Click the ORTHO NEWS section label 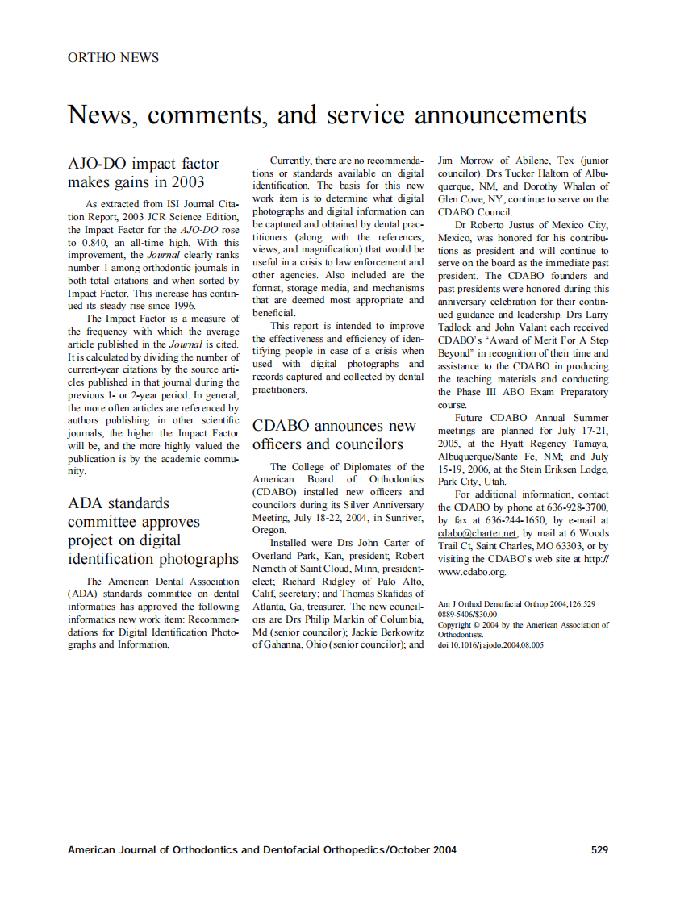113,57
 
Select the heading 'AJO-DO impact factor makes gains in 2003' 144,173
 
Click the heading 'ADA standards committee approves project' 153,531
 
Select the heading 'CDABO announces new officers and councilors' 335,435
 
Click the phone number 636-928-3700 580,507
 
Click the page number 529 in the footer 599,849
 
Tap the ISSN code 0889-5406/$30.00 467,614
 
